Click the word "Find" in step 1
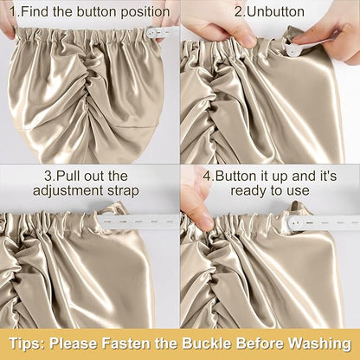coord(35,12)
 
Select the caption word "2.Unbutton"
coord(269,12)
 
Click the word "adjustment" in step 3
coord(68,190)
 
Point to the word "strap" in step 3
coord(123,191)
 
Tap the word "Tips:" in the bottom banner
coord(27,344)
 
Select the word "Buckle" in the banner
coord(207,344)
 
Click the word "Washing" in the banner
coord(319,344)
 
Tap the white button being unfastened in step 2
coord(292,49)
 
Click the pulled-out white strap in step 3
coord(138,222)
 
